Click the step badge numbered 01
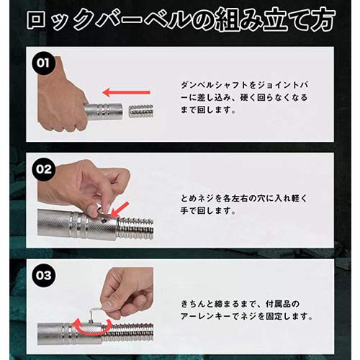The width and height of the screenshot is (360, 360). pos(45,63)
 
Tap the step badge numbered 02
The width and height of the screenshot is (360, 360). pos(45,171)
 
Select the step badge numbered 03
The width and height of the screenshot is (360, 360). pos(45,276)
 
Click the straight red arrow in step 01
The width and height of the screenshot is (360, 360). pos(127,92)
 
